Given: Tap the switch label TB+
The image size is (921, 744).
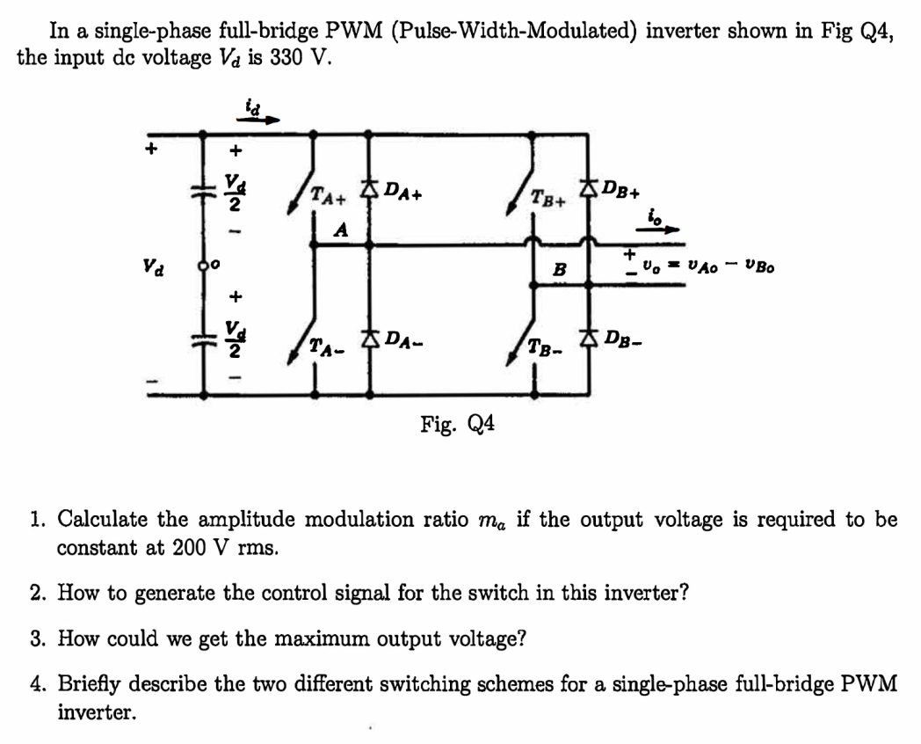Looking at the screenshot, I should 548,197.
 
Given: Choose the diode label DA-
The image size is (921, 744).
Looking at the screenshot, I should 405,338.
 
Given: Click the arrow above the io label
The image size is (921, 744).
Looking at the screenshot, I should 662,228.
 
